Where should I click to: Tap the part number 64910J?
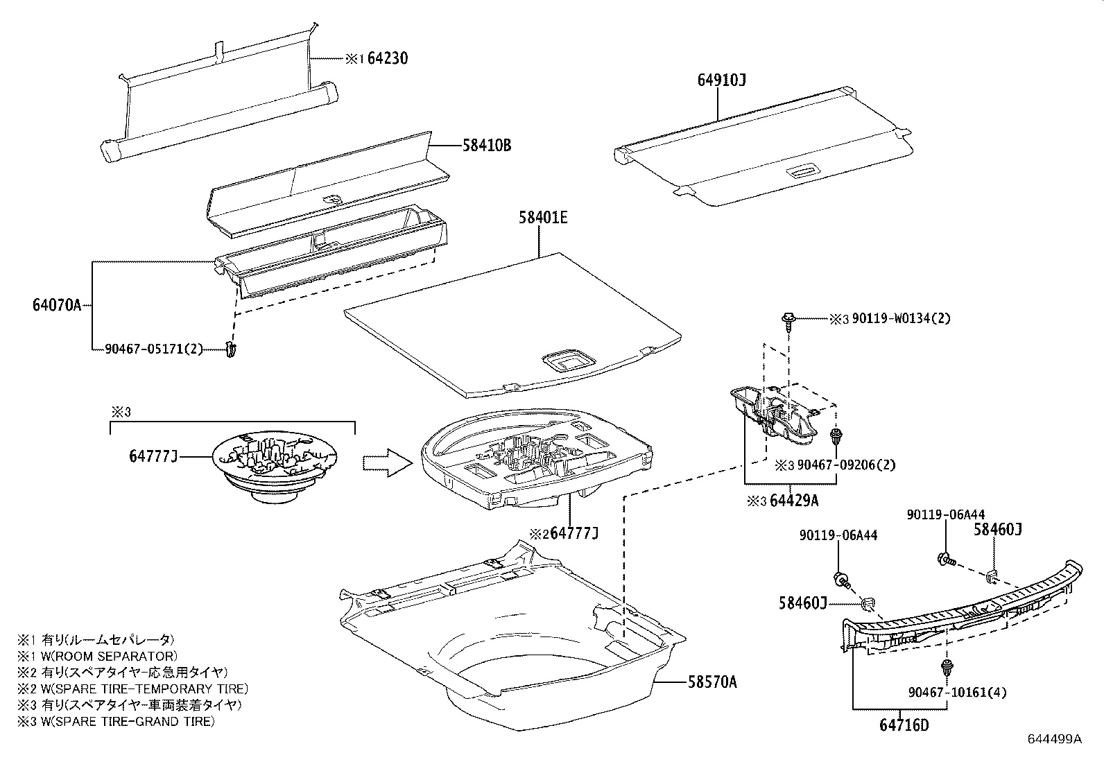(721, 80)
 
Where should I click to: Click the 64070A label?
(57, 304)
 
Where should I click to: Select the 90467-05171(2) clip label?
(154, 349)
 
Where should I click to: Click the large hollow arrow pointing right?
(387, 461)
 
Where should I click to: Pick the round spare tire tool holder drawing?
(275, 466)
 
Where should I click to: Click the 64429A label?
(793, 501)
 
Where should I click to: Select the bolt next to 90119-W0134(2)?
(788, 319)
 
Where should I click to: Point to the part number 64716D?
(904, 725)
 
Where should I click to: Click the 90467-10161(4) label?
(958, 692)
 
